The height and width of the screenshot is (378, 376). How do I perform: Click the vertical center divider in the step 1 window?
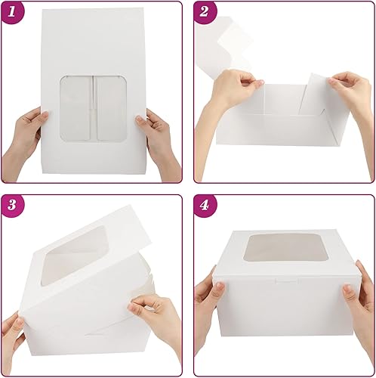pos(95,108)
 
